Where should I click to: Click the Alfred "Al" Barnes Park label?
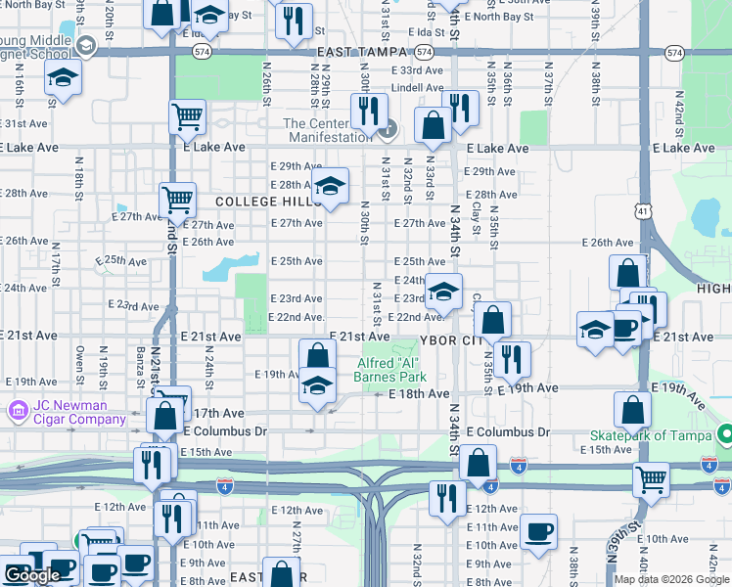click(x=391, y=369)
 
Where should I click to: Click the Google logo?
click(x=31, y=576)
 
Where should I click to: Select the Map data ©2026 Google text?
click(x=671, y=579)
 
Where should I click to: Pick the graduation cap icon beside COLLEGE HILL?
click(x=331, y=188)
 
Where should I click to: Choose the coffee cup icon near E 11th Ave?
click(x=538, y=532)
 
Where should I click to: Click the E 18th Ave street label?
click(x=419, y=393)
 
